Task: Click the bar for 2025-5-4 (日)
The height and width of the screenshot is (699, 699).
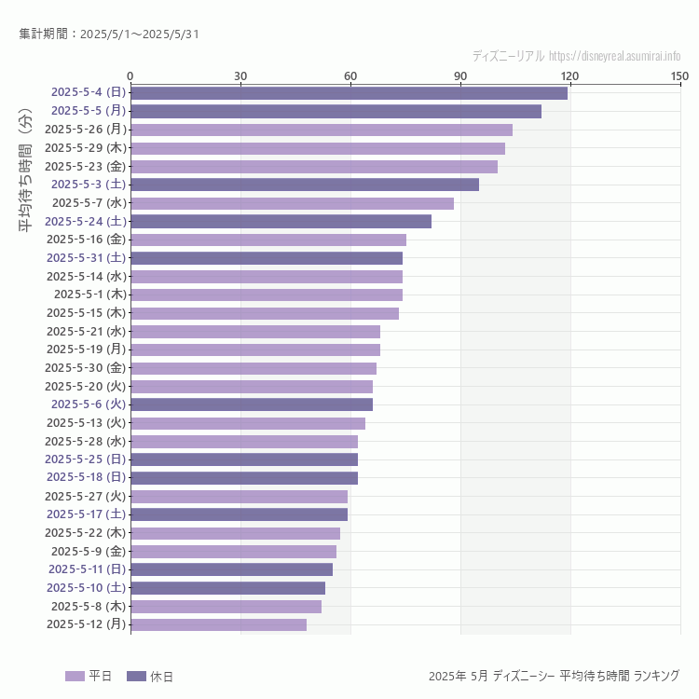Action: click(x=349, y=92)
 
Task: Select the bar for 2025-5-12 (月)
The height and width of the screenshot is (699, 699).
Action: click(x=218, y=624)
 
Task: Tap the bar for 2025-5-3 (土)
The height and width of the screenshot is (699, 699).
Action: click(x=305, y=185)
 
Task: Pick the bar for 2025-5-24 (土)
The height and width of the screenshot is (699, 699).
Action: click(x=281, y=221)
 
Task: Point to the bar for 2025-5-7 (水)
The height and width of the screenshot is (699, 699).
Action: click(x=292, y=203)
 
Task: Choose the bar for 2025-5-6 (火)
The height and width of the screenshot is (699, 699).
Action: click(x=252, y=404)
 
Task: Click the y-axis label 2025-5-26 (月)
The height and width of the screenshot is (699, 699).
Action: click(x=86, y=130)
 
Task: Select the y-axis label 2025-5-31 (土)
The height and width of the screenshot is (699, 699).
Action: click(x=87, y=257)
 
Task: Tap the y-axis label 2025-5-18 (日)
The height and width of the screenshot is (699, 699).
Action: click(x=87, y=477)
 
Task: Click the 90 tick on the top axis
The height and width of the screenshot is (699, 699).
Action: click(x=460, y=75)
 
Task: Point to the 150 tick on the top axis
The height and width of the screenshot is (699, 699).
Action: click(x=679, y=75)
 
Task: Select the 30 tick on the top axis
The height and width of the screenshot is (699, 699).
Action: click(x=240, y=75)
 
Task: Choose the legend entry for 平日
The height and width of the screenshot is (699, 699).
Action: click(x=89, y=676)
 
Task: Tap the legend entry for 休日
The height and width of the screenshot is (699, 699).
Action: click(x=150, y=676)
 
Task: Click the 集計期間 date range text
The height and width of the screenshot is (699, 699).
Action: click(x=109, y=34)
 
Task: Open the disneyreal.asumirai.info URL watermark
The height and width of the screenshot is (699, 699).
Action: click(x=576, y=56)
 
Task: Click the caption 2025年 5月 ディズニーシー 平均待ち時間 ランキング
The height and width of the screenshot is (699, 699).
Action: click(x=554, y=676)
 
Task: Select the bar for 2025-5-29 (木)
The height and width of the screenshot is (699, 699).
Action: click(x=318, y=148)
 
